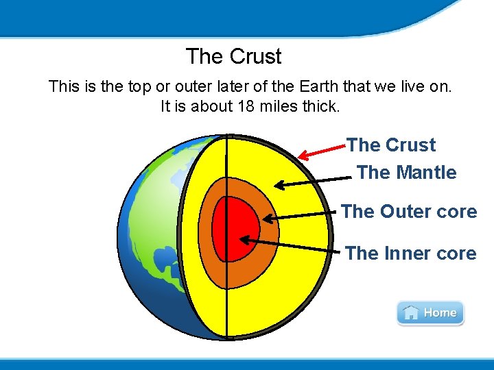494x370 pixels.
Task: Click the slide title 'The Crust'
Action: pos(233,56)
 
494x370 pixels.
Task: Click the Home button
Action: pos(430,313)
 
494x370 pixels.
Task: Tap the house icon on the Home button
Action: pos(410,313)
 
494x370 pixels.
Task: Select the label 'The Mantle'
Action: pos(406,173)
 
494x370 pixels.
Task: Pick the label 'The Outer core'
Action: pos(408,212)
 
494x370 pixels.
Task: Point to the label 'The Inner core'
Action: pos(410,254)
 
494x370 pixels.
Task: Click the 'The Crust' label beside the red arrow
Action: pos(391,145)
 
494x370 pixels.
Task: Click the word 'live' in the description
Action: pos(399,87)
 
